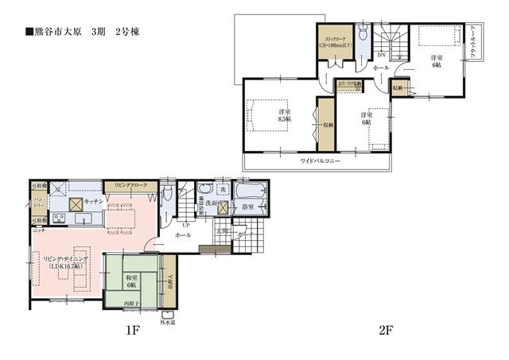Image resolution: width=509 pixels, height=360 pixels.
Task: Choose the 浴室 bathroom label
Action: pyautogui.click(x=247, y=207)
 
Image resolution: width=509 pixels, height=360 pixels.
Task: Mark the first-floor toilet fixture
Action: pyautogui.click(x=167, y=195)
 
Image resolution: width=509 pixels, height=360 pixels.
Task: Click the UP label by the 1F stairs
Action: pyautogui.click(x=185, y=225)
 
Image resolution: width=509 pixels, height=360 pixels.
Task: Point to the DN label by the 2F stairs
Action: pyautogui.click(x=381, y=55)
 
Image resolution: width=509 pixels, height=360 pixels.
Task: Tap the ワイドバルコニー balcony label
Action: pyautogui.click(x=320, y=161)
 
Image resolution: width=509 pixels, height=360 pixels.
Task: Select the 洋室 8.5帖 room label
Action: pyautogui.click(x=284, y=115)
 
